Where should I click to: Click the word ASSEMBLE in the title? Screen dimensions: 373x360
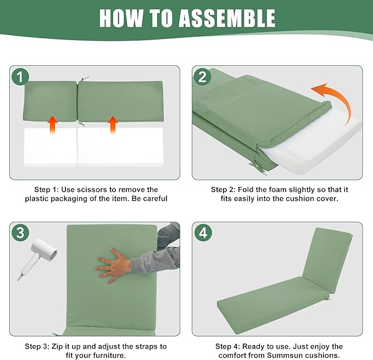[227, 18]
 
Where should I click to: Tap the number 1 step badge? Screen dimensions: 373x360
[20, 76]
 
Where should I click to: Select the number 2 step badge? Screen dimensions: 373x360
[203, 76]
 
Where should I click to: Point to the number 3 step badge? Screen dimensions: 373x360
[20, 232]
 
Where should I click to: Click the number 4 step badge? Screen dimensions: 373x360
[203, 232]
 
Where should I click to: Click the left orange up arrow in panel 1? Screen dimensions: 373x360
[52, 125]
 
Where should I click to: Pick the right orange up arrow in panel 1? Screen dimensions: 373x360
[113, 125]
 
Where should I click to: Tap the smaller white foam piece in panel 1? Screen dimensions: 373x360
[50, 147]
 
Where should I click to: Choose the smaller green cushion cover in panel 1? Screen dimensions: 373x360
[50, 101]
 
